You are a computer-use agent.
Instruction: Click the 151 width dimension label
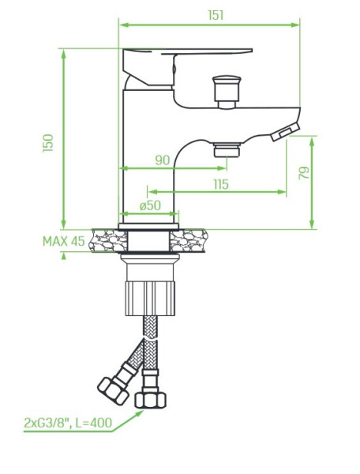click(x=216, y=15)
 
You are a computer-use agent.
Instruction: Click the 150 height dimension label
click(x=48, y=143)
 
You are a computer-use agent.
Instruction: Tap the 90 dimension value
click(x=163, y=160)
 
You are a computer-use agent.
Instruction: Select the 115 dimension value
click(x=221, y=184)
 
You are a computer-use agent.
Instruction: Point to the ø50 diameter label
click(x=150, y=205)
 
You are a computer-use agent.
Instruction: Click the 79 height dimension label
click(x=304, y=173)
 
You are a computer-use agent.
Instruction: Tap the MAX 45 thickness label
click(x=64, y=241)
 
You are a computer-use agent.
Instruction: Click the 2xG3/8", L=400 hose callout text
click(x=68, y=423)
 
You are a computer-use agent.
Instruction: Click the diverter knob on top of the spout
click(x=227, y=92)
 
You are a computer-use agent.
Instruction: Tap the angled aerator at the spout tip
click(x=285, y=132)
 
